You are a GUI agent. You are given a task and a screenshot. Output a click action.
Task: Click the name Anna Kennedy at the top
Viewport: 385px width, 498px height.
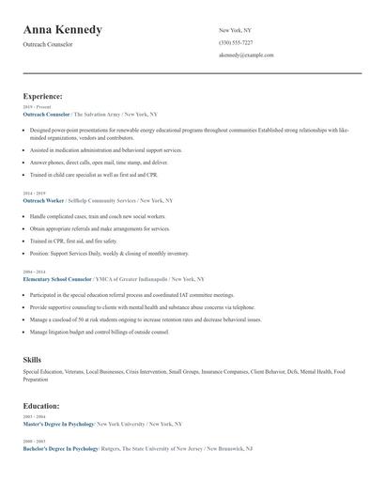[x=63, y=30]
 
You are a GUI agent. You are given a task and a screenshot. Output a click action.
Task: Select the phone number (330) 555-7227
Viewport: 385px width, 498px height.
[x=235, y=42]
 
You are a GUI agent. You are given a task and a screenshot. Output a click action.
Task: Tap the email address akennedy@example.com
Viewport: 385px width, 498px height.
[x=246, y=55]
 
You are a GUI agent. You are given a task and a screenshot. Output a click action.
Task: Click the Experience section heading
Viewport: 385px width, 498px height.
[x=43, y=96]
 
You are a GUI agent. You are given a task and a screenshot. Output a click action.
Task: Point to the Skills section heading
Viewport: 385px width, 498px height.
[x=32, y=359]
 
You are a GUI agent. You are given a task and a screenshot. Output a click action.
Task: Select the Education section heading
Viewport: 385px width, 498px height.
[x=42, y=406]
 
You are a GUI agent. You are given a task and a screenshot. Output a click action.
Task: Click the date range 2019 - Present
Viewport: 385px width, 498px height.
[x=38, y=107]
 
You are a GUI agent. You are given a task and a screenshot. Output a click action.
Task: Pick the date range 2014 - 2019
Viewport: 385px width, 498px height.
[x=35, y=193]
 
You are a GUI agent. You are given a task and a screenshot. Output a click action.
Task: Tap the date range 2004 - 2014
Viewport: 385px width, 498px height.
[x=35, y=272]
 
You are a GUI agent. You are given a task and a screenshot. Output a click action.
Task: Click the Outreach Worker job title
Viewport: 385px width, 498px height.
[x=43, y=200]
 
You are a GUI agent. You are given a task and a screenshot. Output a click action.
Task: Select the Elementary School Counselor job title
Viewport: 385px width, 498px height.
[x=62, y=279]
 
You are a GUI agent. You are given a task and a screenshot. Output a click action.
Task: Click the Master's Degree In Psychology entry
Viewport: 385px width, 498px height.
[x=60, y=424]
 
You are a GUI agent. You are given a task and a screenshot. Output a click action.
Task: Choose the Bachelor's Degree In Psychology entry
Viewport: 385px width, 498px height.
[x=61, y=449]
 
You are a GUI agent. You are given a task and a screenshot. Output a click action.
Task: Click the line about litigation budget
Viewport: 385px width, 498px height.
[x=99, y=333]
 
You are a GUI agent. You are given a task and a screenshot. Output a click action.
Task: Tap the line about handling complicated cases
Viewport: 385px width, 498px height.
[x=98, y=217]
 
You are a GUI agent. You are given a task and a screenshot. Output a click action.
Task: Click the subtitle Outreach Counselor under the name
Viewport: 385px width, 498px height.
[x=48, y=44]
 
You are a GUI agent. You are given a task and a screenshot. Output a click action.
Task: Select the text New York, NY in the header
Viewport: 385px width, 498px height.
[x=235, y=30]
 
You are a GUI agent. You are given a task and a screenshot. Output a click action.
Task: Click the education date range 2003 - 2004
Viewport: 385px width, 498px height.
[x=35, y=416]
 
